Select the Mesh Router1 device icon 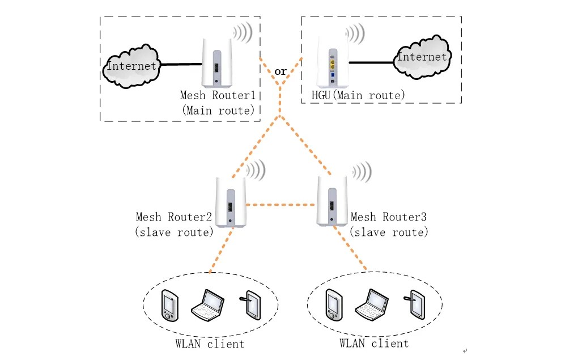[x=216, y=63]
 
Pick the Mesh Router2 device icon [x=229, y=202]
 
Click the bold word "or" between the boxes [x=280, y=71]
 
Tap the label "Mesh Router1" [x=218, y=95]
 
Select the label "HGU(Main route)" [x=358, y=95]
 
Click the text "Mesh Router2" [x=173, y=217]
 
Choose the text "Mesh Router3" [x=388, y=217]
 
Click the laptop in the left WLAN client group [x=207, y=304]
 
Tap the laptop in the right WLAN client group [x=371, y=304]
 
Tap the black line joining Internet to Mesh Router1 [x=180, y=65]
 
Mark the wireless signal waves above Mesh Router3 [x=361, y=171]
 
